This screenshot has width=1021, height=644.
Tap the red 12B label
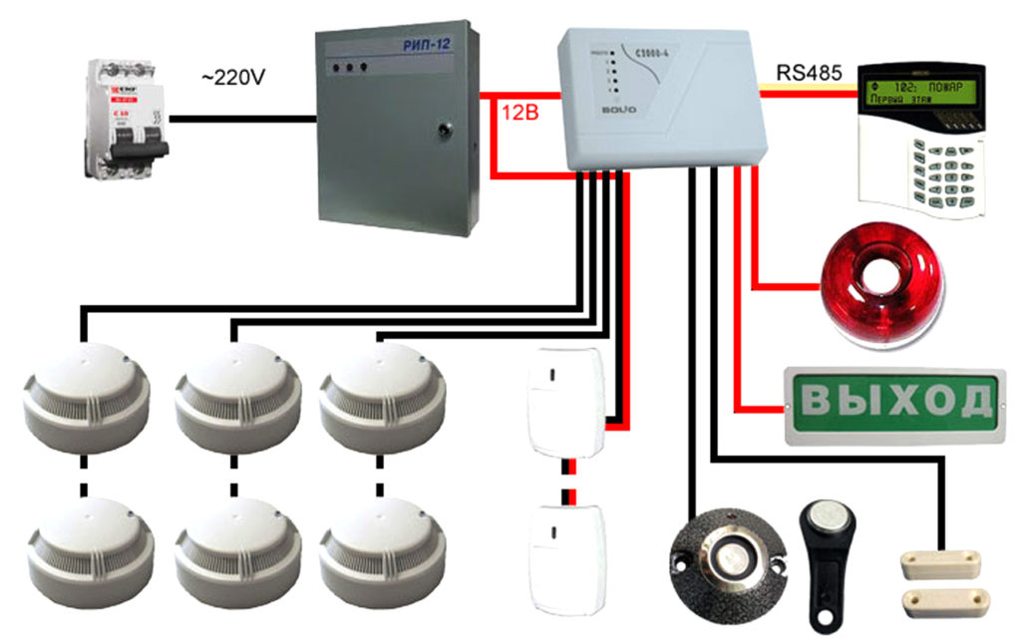pyautogui.click(x=517, y=114)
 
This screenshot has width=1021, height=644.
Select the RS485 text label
pyautogui.click(x=810, y=74)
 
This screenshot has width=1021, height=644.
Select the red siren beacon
pyautogui.click(x=879, y=284)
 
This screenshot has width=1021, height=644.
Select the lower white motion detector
pyautogui.click(x=564, y=558)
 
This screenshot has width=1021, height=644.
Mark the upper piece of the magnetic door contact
pyautogui.click(x=948, y=563)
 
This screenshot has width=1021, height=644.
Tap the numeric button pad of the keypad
pyautogui.click(x=948, y=168)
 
